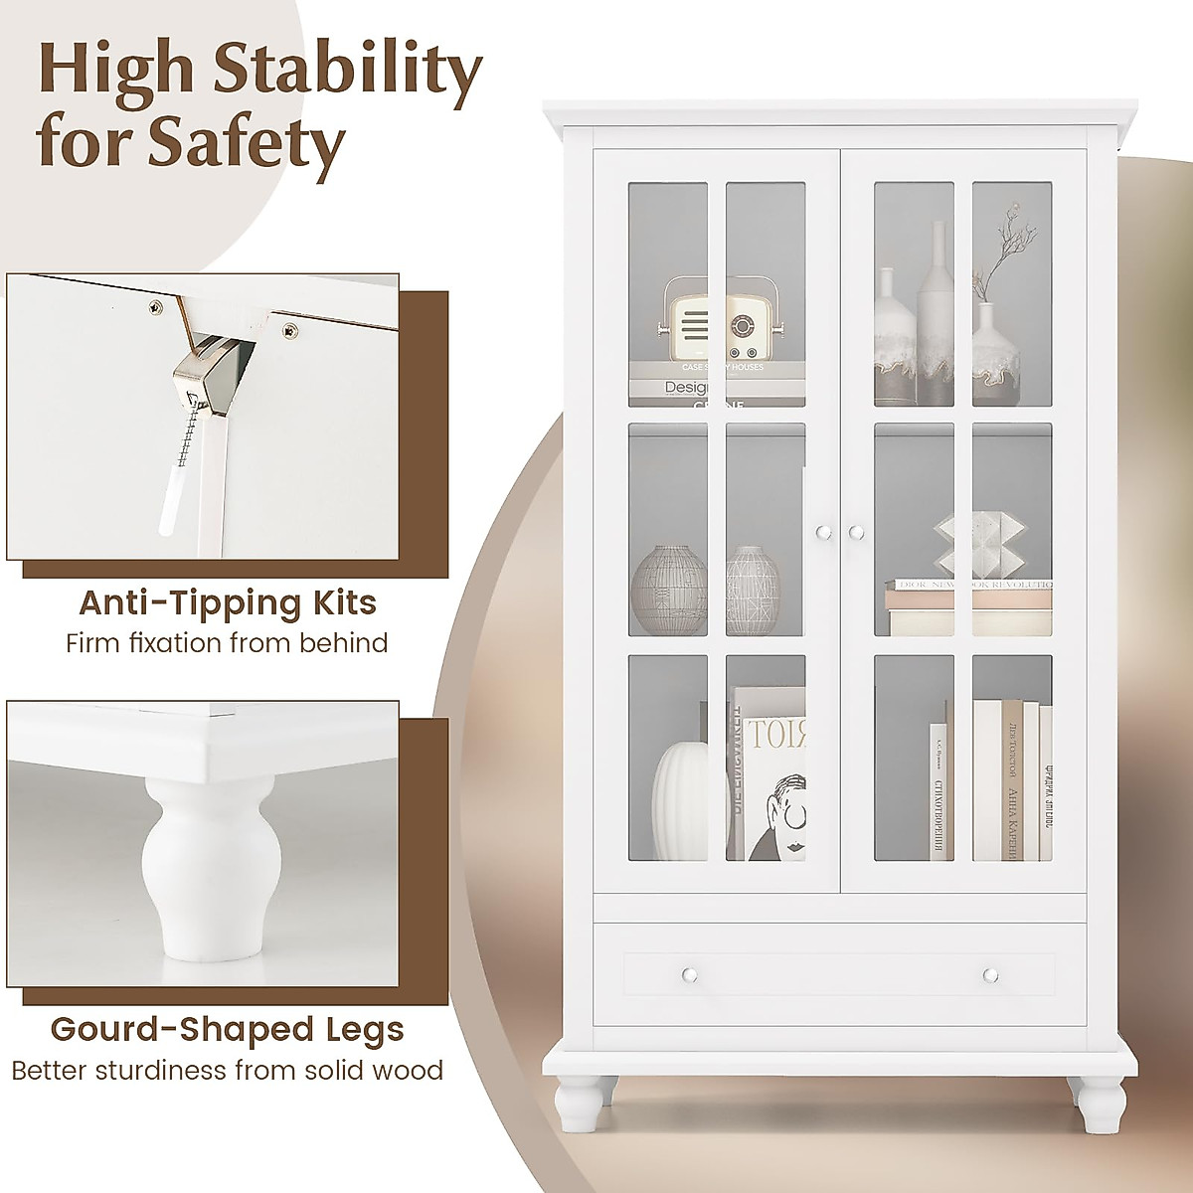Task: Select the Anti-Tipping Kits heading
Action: coord(228,602)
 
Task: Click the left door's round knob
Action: coord(822,533)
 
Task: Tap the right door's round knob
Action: coord(856,533)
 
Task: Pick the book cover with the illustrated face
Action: coord(775,795)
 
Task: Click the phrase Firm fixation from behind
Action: coord(227,643)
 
